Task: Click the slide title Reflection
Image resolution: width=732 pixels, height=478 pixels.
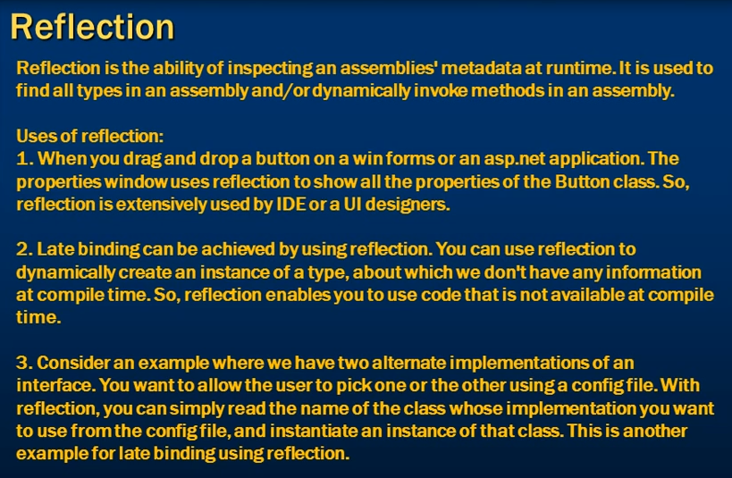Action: [92, 27]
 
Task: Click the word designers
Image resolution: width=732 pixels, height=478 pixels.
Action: [408, 205]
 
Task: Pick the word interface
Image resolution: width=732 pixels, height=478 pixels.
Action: [57, 386]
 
